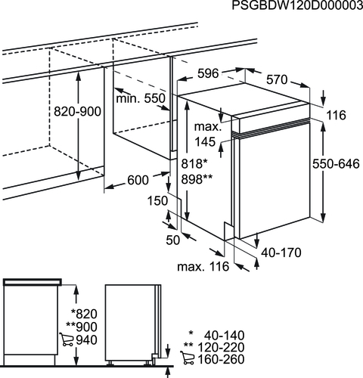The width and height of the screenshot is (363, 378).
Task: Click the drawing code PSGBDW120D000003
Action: (x=297, y=5)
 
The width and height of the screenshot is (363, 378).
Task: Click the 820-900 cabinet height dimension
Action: (x=77, y=111)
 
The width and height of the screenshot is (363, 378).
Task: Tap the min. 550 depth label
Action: (x=141, y=98)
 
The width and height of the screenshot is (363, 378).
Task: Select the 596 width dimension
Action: (x=208, y=73)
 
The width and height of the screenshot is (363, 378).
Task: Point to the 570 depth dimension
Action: (x=277, y=79)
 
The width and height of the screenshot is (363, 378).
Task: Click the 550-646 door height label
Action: (x=336, y=164)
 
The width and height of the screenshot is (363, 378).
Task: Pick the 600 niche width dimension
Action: (x=138, y=180)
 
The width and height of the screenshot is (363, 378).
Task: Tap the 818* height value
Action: (x=194, y=164)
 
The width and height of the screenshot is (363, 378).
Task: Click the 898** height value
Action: (x=197, y=179)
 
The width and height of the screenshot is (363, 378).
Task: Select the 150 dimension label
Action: (x=157, y=201)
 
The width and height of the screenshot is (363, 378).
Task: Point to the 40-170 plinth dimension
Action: (x=281, y=253)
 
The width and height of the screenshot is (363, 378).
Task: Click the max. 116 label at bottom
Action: (x=203, y=266)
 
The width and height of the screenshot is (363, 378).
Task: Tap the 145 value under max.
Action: (x=206, y=142)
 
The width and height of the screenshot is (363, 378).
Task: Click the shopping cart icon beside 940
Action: (x=67, y=339)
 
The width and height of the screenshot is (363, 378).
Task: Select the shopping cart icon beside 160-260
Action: (x=188, y=358)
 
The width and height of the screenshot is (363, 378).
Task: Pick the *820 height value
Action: (x=84, y=314)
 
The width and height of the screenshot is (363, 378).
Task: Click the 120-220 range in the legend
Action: (x=221, y=347)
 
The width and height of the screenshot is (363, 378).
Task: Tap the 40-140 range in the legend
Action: (x=225, y=336)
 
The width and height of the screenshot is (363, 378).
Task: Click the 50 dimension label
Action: (x=173, y=240)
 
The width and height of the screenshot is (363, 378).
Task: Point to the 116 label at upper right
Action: (x=337, y=116)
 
